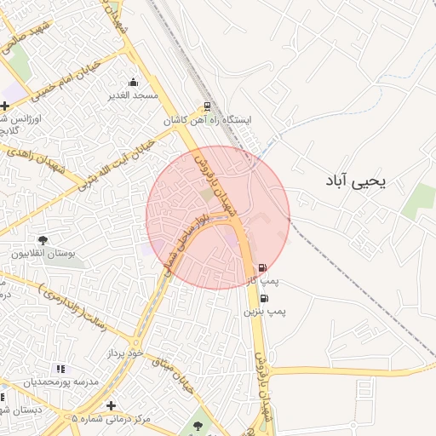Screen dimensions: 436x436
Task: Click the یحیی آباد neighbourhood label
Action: click(356, 181)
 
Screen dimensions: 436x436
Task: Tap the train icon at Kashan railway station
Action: click(206, 107)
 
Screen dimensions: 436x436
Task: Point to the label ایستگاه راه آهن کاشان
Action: click(209, 121)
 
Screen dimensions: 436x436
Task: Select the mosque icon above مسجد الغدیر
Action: click(133, 83)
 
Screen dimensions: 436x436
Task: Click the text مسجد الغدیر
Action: click(134, 95)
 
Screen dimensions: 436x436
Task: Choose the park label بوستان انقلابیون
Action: click(43, 254)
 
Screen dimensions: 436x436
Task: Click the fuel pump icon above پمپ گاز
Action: click(262, 267)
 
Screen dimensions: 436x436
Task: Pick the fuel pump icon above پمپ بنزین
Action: click(264, 299)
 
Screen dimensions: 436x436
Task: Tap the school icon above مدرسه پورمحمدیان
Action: click(60, 369)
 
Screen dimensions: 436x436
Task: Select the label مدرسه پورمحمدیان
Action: click(60, 381)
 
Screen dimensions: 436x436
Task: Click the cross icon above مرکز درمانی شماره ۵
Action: click(111, 405)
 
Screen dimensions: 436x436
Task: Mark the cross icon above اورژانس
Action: click(5, 106)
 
